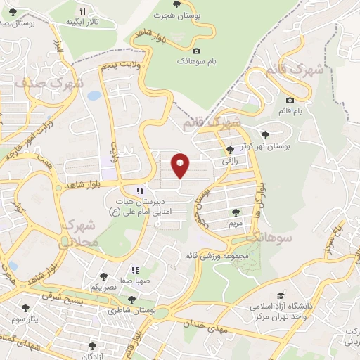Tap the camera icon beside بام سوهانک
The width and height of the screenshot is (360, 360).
click(196, 51)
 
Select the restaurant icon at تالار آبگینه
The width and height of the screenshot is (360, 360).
click(83, 11)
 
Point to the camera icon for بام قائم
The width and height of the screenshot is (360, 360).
click(290, 101)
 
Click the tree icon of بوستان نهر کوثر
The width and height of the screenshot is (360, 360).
click(265, 135)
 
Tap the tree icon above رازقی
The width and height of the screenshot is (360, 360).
click(230, 150)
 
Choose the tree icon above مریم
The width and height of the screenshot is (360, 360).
click(236, 212)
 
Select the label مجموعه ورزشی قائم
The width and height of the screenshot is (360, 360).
click(219, 256)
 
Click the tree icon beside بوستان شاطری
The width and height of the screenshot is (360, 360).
click(132, 300)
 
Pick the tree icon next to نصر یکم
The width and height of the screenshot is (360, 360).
click(104, 277)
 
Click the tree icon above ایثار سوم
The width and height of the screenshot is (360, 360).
click(26, 308)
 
